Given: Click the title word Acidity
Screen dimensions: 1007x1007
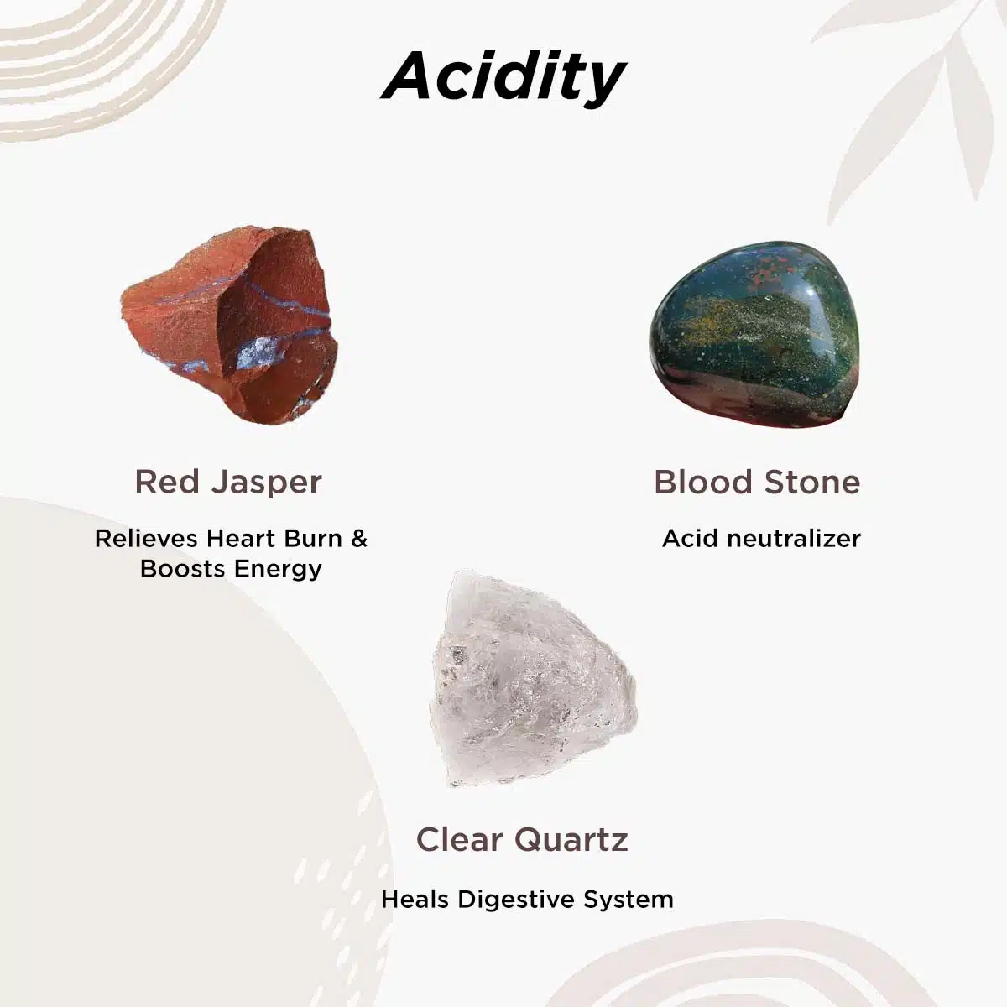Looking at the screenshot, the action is pyautogui.click(x=503, y=78).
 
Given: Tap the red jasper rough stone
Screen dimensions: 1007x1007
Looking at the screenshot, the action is pyautogui.click(x=230, y=325).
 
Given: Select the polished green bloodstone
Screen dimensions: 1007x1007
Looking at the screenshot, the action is pyautogui.click(x=754, y=335).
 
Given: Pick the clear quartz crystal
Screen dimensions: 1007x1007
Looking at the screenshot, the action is pyautogui.click(x=533, y=680).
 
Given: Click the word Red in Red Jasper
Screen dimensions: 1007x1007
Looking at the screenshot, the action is pyautogui.click(x=167, y=482).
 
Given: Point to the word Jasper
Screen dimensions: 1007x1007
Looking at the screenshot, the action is pyautogui.click(x=267, y=483).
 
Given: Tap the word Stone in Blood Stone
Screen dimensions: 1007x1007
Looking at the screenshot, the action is pyautogui.click(x=812, y=482).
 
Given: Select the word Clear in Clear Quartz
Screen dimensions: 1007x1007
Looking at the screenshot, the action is pyautogui.click(x=459, y=839).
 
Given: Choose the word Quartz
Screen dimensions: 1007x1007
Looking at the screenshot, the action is pyautogui.click(x=571, y=841).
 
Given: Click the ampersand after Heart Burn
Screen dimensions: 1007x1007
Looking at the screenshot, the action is pyautogui.click(x=359, y=538).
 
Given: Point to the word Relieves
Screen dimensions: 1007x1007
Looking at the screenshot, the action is pyautogui.click(x=146, y=538).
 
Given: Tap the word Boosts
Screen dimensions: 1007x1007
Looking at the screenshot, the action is pyautogui.click(x=183, y=569).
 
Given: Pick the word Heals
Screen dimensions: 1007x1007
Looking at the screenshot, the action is pyautogui.click(x=415, y=900).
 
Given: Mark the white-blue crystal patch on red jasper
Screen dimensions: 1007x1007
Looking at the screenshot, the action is pyautogui.click(x=256, y=352).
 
